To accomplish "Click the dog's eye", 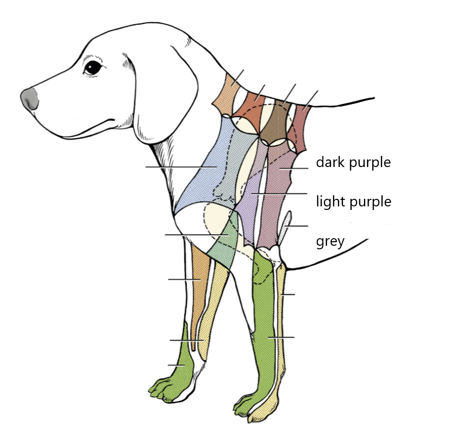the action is point(93,67).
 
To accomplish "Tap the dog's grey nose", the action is point(30,98).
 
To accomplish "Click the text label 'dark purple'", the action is point(353,162).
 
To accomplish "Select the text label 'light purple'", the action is point(353,202).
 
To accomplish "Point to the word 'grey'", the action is point(330,241).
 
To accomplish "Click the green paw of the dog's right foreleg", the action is point(174,378).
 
